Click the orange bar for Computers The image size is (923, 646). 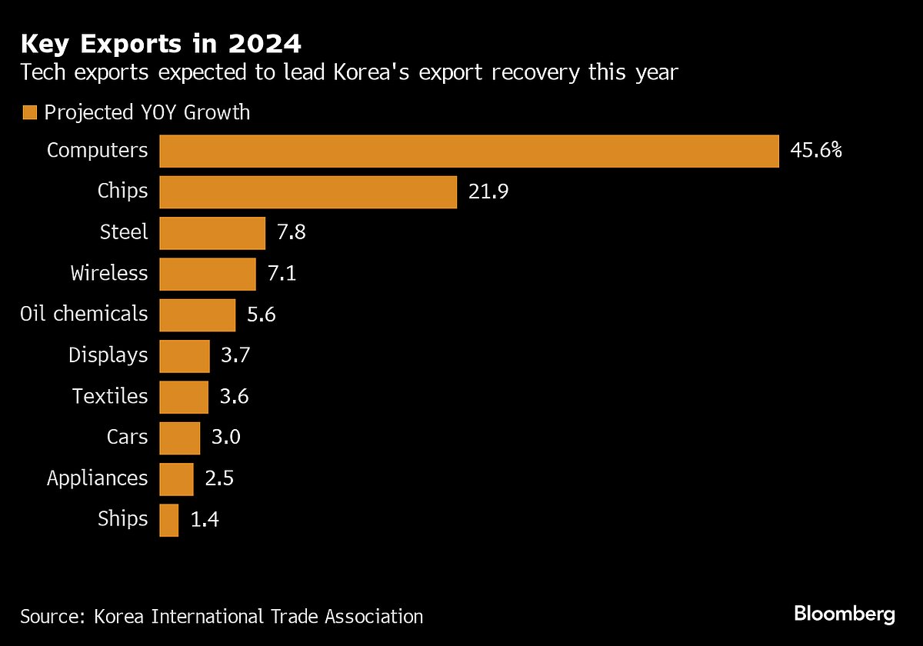pos(469,151)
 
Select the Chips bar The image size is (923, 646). pos(308,191)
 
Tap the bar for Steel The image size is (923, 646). pos(212,232)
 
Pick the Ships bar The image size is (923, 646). pos(169,520)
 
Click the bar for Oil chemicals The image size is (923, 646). pos(198,315)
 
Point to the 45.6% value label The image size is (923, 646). pos(816,151)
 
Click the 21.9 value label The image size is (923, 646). pos(488,191)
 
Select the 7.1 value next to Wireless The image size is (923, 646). pos(281,274)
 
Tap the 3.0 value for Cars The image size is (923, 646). pos(225,438)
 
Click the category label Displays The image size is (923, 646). pos(108,355)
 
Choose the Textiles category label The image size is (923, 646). pos(110,396)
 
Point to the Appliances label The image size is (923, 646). pos(97,478)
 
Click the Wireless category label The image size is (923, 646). pos(108,273)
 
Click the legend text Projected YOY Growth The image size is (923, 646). pos(147,112)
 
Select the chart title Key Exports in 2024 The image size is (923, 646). pos(161,45)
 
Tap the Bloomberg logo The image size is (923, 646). pos(845,614)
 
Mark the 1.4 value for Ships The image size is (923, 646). pos(205,520)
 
